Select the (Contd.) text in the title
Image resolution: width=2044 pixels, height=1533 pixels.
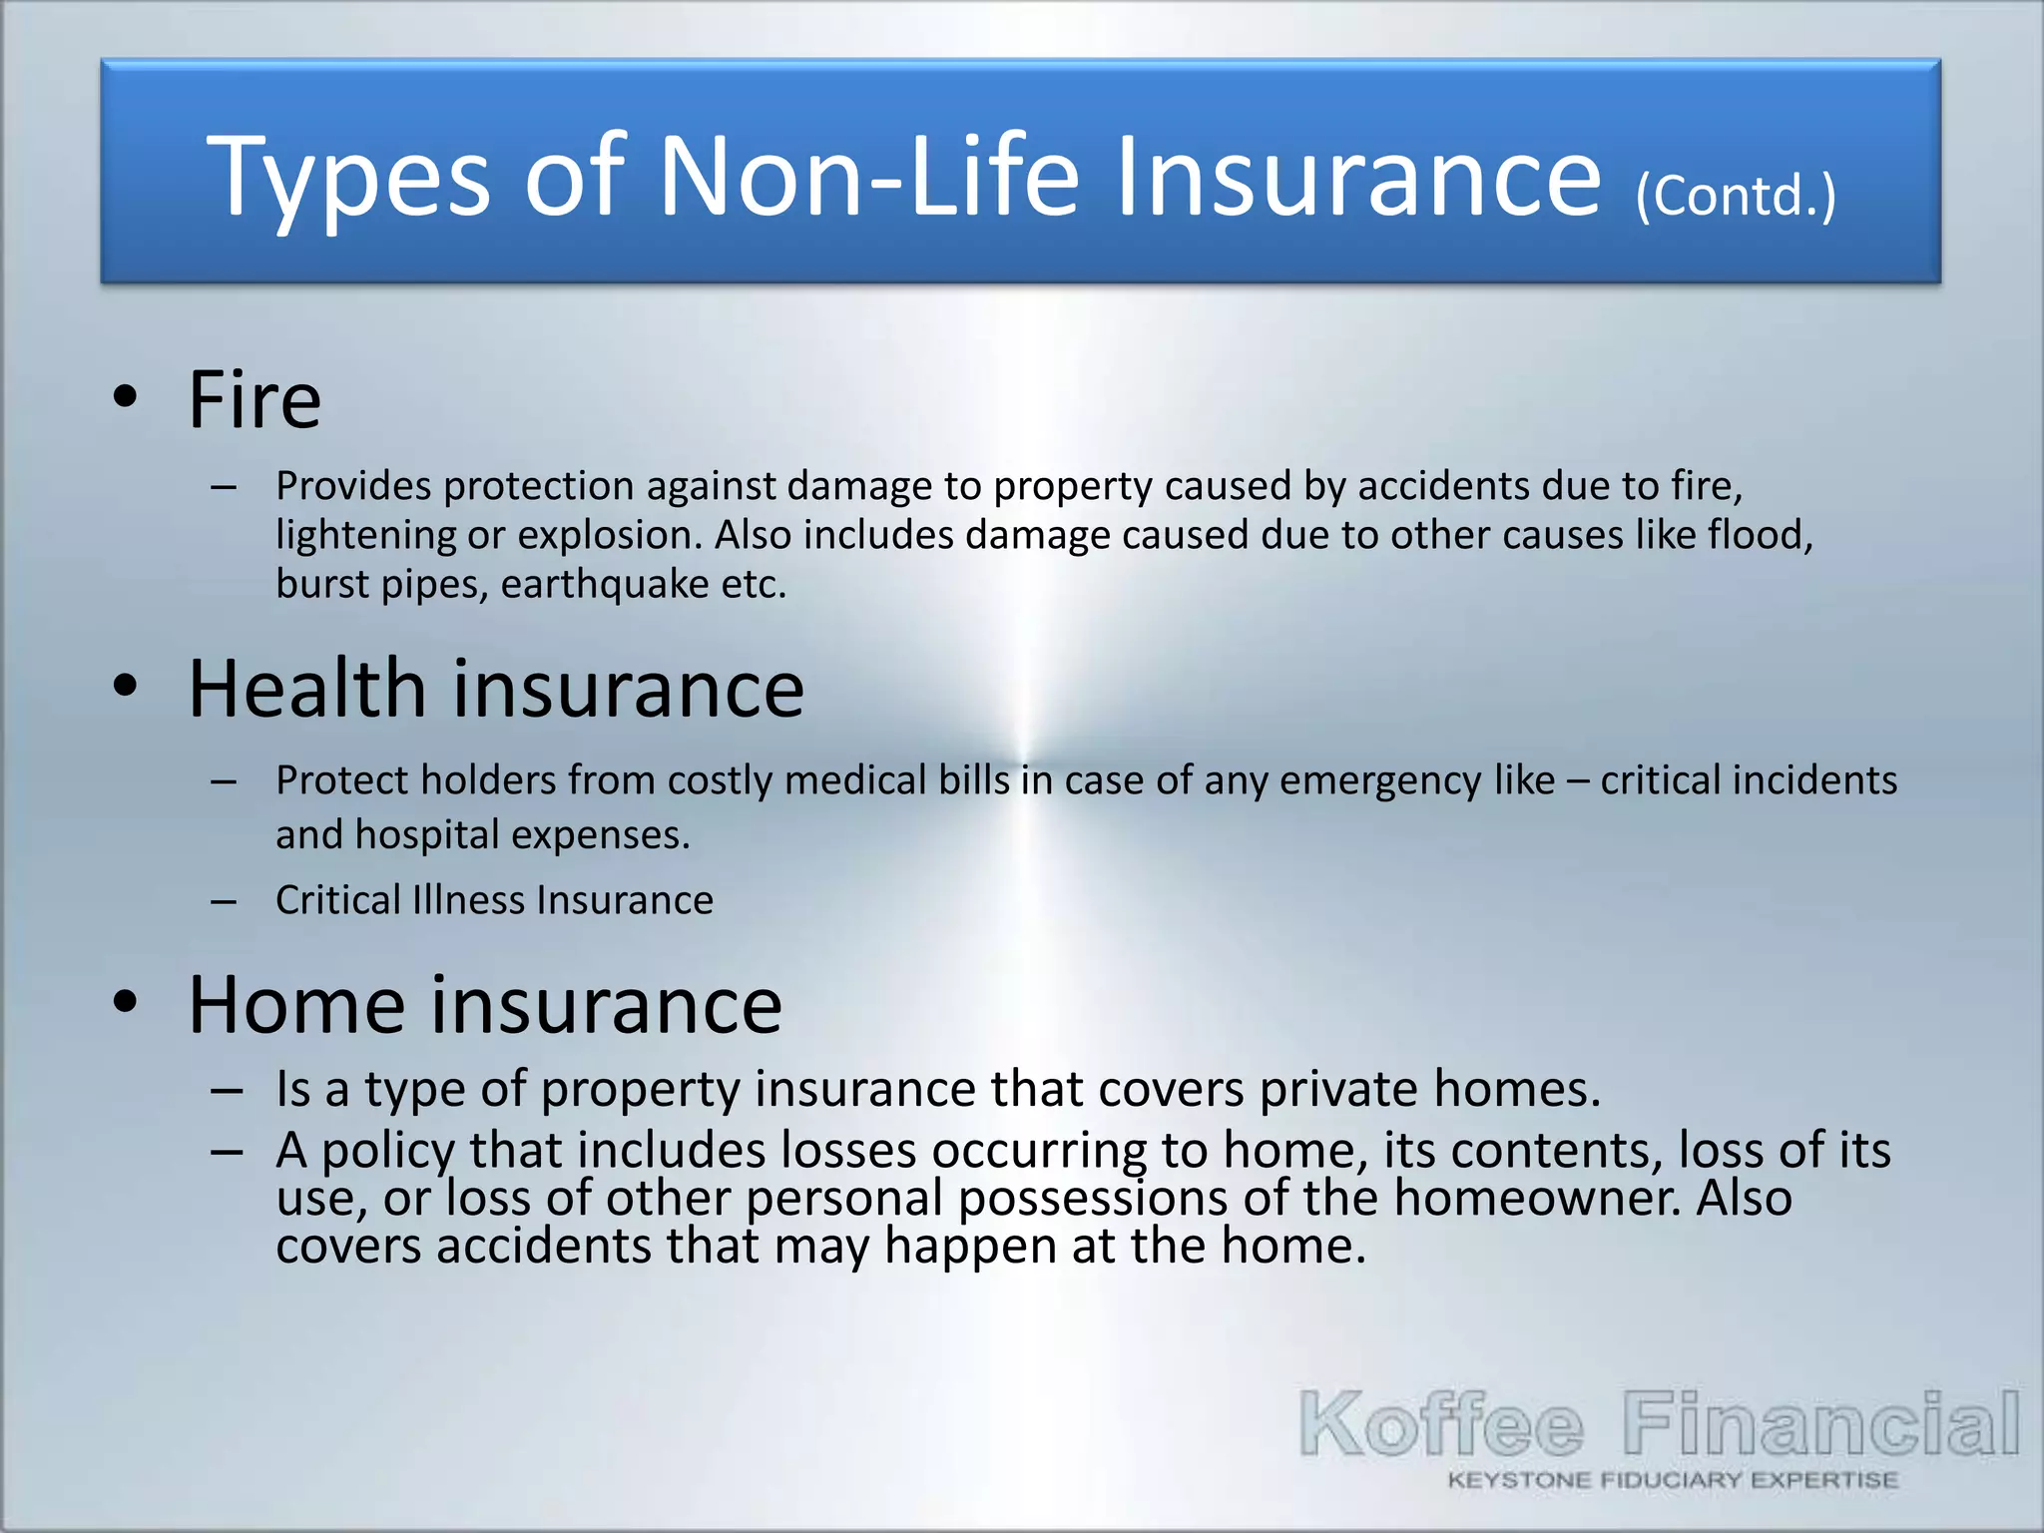[1735, 197]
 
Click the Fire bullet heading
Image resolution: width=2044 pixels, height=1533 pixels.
[255, 400]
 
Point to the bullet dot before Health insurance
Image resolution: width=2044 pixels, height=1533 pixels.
[125, 687]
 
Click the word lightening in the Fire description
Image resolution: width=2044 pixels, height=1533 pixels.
[365, 536]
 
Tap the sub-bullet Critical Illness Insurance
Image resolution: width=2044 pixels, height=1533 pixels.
[494, 900]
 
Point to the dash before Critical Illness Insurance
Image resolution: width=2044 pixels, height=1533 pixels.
[224, 901]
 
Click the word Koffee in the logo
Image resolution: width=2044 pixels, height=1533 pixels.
[1441, 1425]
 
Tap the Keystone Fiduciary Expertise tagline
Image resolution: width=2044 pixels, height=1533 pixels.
[1673, 1480]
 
